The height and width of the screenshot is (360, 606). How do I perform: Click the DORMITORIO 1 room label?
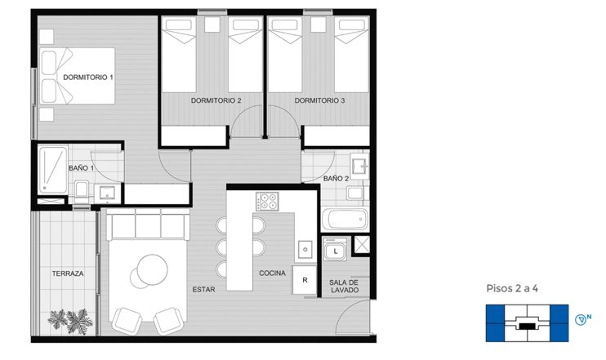tap(88, 78)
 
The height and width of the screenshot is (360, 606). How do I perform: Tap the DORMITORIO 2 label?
tap(216, 100)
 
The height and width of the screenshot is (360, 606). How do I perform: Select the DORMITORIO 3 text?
tap(319, 100)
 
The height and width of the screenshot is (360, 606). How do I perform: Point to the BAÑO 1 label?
tap(81, 168)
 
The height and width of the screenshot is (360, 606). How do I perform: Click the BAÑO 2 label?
tap(336, 179)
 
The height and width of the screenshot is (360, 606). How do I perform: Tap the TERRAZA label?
tap(68, 273)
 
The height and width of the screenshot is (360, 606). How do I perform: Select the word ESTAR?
tap(203, 289)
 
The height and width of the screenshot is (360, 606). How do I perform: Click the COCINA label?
tap(273, 273)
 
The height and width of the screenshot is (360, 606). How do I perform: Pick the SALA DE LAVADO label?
tap(344, 287)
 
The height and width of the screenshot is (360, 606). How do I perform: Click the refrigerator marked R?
tap(305, 280)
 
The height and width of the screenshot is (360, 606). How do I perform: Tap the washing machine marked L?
tap(335, 249)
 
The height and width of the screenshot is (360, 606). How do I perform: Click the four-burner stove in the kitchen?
tap(267, 202)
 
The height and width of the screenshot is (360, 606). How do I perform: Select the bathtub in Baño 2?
tap(345, 220)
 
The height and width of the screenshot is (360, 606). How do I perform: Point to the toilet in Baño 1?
tap(82, 191)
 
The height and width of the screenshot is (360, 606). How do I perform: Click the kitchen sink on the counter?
tap(305, 249)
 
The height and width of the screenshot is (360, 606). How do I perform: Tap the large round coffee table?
tap(152, 269)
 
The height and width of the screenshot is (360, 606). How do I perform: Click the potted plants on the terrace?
tap(70, 321)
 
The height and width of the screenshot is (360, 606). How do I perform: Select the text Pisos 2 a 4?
tap(512, 288)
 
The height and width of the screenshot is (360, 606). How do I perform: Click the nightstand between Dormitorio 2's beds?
tap(212, 24)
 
